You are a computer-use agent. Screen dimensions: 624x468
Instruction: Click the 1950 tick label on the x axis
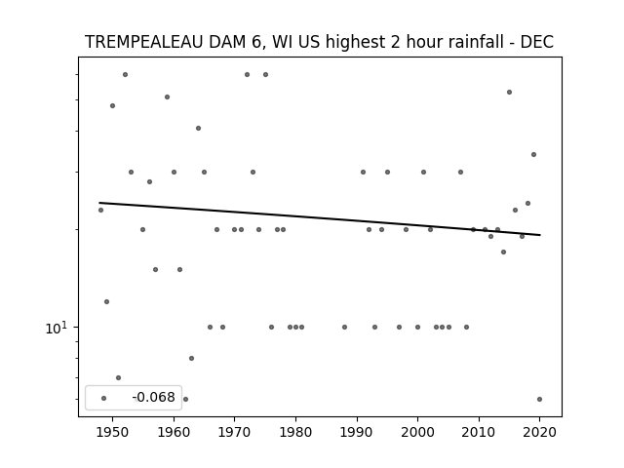point(113,432)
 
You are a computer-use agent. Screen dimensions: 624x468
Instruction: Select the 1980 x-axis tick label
point(295,432)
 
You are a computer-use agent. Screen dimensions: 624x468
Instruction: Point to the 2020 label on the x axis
point(539,432)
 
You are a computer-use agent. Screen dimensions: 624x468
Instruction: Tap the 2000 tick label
point(417,432)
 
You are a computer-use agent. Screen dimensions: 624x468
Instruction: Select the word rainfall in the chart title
point(481,42)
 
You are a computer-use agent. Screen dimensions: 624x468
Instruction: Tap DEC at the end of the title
point(537,42)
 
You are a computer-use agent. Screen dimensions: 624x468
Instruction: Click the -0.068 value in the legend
point(154,397)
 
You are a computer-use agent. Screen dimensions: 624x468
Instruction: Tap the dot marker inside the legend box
point(104,398)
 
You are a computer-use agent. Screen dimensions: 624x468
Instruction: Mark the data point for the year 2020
point(539,399)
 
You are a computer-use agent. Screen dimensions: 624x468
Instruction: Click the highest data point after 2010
point(509,93)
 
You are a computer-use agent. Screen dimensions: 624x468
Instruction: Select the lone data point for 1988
point(344,328)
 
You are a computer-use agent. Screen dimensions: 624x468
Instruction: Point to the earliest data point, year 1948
point(100,211)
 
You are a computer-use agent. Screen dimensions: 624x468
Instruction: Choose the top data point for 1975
point(265,75)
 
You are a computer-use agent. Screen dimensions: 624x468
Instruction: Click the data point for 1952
point(125,75)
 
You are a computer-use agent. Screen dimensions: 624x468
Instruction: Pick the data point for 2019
point(533,155)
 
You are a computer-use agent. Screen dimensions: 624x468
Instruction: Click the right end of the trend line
point(540,235)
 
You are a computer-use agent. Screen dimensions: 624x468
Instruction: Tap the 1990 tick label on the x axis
point(357,432)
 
